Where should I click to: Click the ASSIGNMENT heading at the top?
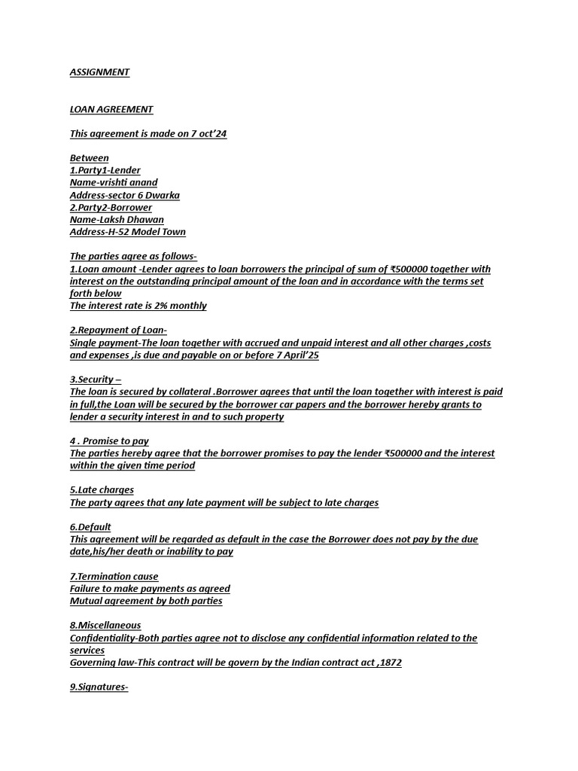tap(99, 72)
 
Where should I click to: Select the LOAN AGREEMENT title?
tap(111, 109)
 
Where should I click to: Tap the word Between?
tap(90, 158)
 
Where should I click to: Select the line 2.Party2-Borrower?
tap(111, 207)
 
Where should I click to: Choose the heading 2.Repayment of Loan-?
tap(118, 331)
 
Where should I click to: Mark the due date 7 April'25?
tap(292, 355)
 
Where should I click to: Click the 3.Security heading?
tap(96, 379)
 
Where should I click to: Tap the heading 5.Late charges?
tap(102, 490)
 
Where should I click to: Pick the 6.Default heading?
tap(90, 527)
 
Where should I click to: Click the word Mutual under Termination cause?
tap(87, 601)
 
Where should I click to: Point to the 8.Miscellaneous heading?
tap(105, 625)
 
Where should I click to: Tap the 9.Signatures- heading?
tap(99, 687)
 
